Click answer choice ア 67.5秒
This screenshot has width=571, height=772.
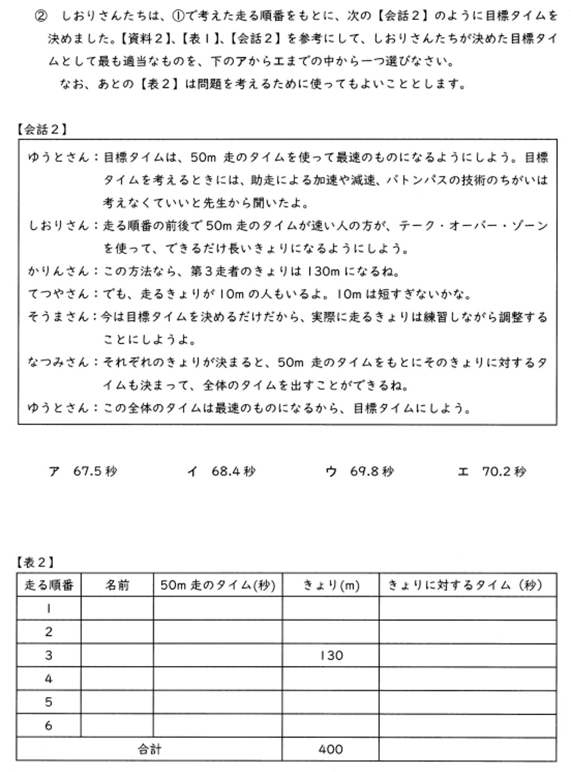pyautogui.click(x=83, y=471)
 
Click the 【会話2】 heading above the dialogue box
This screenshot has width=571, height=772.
pyautogui.click(x=42, y=130)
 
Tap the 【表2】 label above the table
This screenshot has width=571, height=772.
pyautogui.click(x=36, y=562)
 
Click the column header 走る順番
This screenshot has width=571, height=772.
pyautogui.click(x=49, y=585)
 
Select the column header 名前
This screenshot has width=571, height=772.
pyautogui.click(x=117, y=585)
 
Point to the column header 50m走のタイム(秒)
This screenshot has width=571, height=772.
pyautogui.click(x=218, y=585)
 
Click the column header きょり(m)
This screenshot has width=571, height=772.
pyautogui.click(x=331, y=585)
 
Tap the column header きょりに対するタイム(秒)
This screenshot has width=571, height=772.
pyautogui.click(x=467, y=585)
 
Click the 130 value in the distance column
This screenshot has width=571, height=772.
pyautogui.click(x=331, y=655)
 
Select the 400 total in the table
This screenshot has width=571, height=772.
pyautogui.click(x=331, y=749)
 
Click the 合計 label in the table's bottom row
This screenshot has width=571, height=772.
pyautogui.click(x=149, y=749)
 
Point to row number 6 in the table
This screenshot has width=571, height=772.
pyautogui.click(x=49, y=726)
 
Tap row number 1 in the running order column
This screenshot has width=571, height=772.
pyautogui.click(x=49, y=609)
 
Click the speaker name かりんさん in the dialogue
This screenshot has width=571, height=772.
pyautogui.click(x=59, y=272)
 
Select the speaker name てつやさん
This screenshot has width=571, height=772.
pyautogui.click(x=59, y=294)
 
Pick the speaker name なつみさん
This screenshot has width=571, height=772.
pyautogui.click(x=59, y=363)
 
